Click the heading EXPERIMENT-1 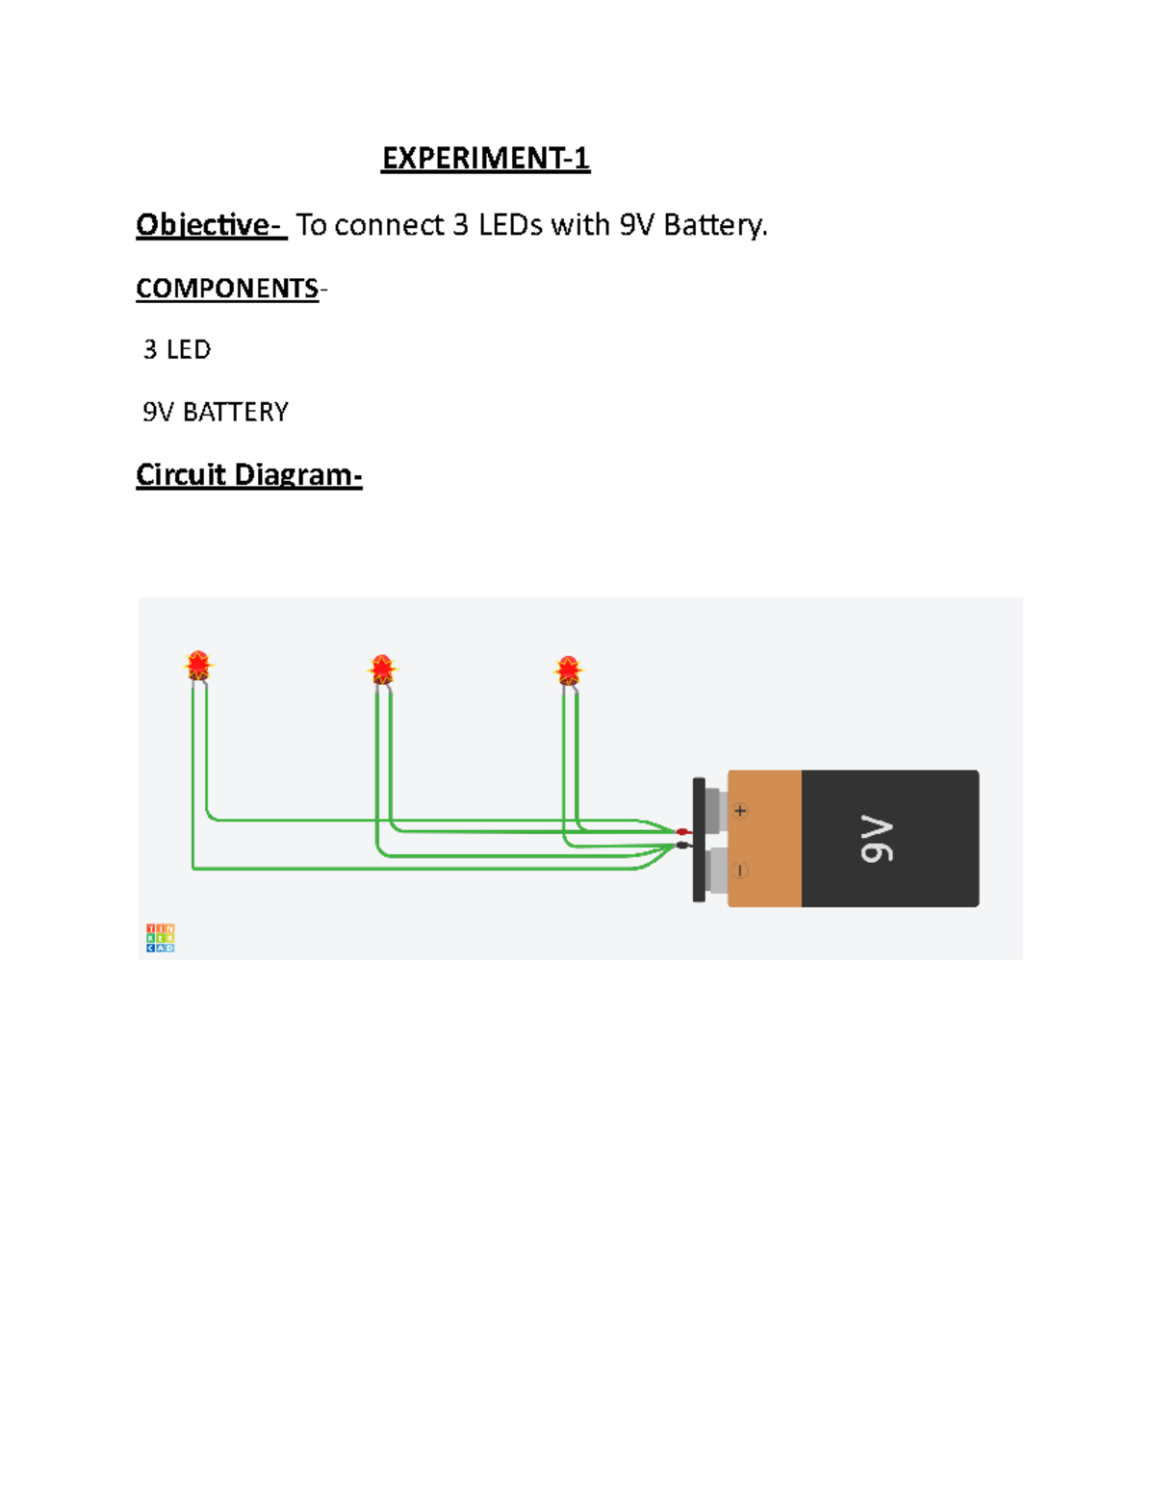pos(485,158)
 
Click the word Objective pos(203,225)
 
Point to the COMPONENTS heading pos(227,289)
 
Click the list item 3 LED pos(177,349)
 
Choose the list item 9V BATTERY pos(216,412)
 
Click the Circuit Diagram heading pos(248,475)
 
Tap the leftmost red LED pos(198,665)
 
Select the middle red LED pos(382,669)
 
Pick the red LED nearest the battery pos(568,670)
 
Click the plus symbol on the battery pos(740,811)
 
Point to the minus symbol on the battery pos(740,871)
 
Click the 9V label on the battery pos(877,838)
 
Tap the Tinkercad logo pos(160,938)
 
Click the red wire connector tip pos(682,832)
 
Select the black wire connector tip pos(682,846)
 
